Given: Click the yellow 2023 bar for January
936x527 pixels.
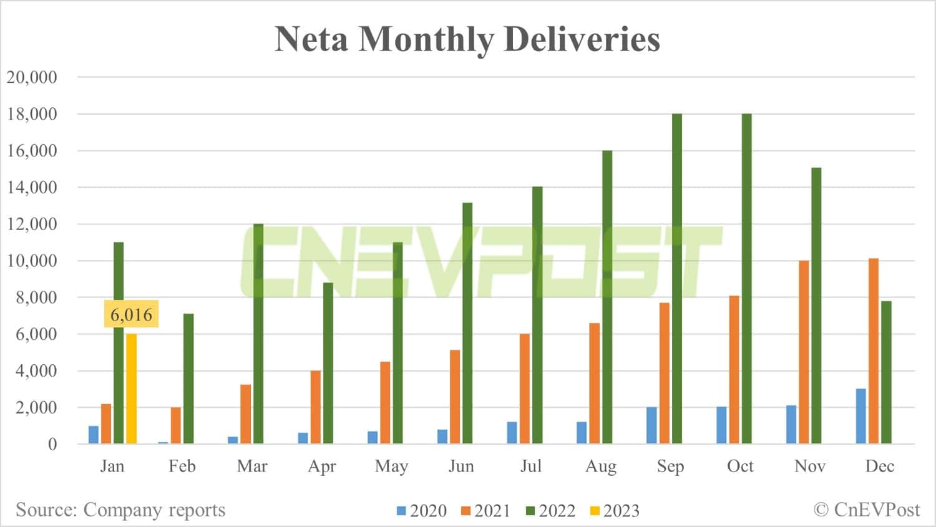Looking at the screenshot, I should tap(131, 389).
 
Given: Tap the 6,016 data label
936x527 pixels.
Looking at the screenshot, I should tap(131, 314).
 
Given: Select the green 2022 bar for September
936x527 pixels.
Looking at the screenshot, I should tap(676, 279).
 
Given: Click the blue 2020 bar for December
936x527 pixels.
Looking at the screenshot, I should tap(860, 416).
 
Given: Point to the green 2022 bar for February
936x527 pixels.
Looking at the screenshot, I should tap(188, 379).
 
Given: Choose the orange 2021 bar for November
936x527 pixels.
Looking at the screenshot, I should tap(803, 352).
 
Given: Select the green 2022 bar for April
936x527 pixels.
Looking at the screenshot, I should tap(328, 363).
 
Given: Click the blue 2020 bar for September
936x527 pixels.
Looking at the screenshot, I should tap(651, 425).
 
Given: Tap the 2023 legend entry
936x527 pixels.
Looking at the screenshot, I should tap(615, 511).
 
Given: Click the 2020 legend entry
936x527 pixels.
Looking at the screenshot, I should tap(422, 511).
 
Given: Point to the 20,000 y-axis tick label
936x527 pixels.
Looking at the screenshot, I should tap(32, 77).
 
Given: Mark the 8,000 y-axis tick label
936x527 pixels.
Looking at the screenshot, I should tap(36, 297).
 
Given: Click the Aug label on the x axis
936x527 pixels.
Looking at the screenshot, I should tap(600, 467).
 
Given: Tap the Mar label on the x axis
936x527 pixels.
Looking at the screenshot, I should tap(251, 467).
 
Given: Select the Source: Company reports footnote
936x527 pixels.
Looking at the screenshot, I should tap(120, 510).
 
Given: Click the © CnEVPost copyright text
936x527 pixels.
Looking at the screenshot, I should tap(867, 510).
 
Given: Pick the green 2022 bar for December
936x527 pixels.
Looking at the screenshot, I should tap(886, 372).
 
